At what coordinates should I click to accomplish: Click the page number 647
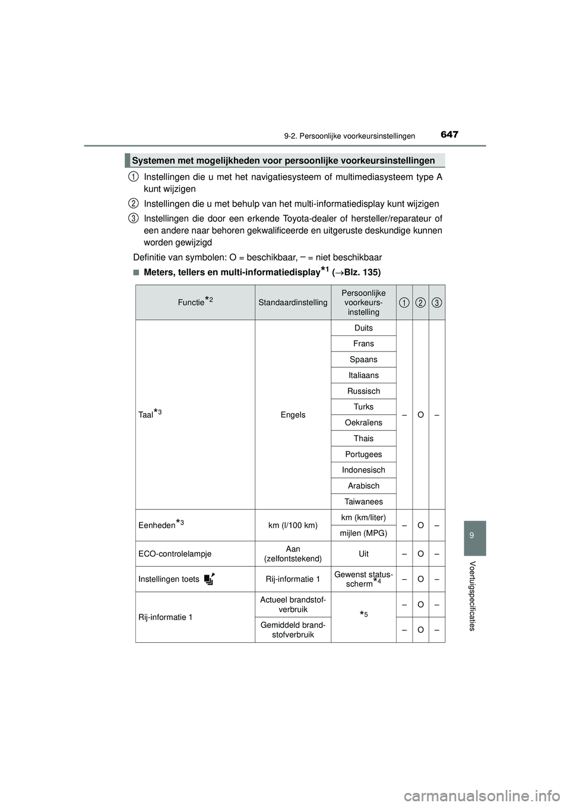[449, 135]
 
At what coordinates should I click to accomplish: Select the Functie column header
[195, 302]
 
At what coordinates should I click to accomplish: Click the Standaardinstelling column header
[293, 303]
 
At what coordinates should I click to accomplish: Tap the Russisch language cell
[363, 391]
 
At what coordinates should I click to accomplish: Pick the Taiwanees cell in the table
[363, 502]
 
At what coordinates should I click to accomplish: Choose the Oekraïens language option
[363, 423]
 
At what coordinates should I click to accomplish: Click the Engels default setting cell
[293, 415]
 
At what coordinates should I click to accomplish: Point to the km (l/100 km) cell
[293, 525]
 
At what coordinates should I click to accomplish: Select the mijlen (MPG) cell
[363, 533]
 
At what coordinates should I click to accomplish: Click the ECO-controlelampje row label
[175, 554]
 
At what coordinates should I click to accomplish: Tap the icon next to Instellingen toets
[208, 579]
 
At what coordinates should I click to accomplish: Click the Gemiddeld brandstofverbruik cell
[293, 630]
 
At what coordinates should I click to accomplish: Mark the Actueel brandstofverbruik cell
[293, 605]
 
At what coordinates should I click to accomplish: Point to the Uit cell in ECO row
[363, 554]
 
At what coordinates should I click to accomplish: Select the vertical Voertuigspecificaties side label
[472, 595]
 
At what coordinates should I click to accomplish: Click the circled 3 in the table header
[436, 303]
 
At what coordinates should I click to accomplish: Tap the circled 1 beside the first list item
[134, 176]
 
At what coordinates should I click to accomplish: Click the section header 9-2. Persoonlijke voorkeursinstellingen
[349, 136]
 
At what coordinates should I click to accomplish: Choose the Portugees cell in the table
[363, 454]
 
